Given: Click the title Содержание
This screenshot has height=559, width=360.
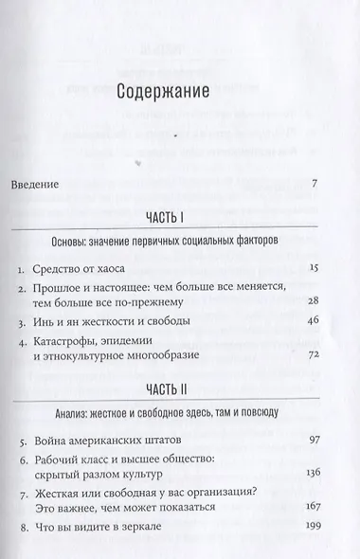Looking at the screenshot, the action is coord(179,92).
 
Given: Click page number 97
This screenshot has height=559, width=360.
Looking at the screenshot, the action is coord(320,442).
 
